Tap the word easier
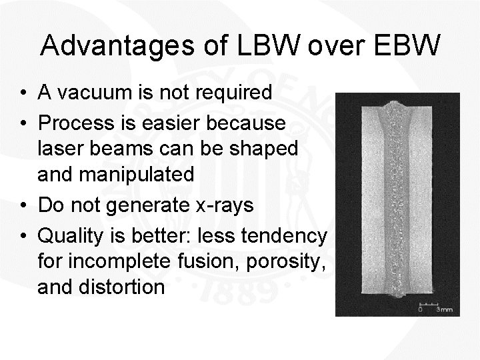tap(177, 123)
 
